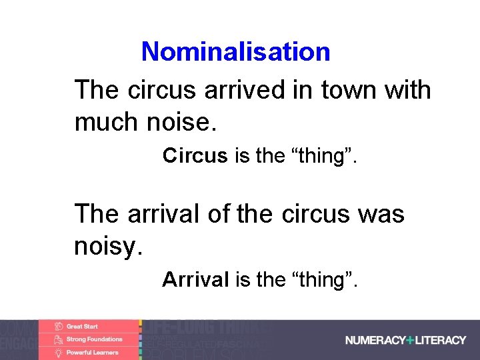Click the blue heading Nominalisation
coord(235,51)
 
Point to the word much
coord(104,122)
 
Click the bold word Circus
coord(195,155)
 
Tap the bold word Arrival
coord(196,279)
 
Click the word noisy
coord(108,246)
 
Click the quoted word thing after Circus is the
coord(325,155)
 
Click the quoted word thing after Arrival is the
coord(325,279)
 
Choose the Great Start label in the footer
coord(82,327)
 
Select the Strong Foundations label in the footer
coord(94,339)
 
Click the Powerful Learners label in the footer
coord(92,352)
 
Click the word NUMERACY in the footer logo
coord(375,340)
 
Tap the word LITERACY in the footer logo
coord(440,340)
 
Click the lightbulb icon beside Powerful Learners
coord(59,352)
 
